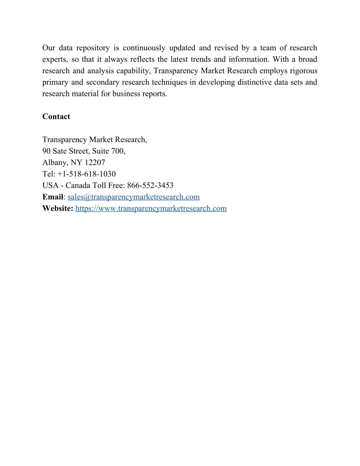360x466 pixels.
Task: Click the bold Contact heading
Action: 56,117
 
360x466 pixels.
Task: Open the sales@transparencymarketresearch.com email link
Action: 134,197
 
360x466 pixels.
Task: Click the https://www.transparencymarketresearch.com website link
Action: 151,209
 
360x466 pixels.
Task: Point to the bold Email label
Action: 53,197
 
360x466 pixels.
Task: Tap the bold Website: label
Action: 58,209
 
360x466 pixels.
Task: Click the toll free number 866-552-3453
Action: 150,185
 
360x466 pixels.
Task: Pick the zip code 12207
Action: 95,162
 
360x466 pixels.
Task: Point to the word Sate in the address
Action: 60,151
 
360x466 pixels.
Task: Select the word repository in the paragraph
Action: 93,48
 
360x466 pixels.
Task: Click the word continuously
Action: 144,48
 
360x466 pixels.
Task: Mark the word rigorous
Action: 303,71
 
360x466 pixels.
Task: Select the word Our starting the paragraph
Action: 49,48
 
